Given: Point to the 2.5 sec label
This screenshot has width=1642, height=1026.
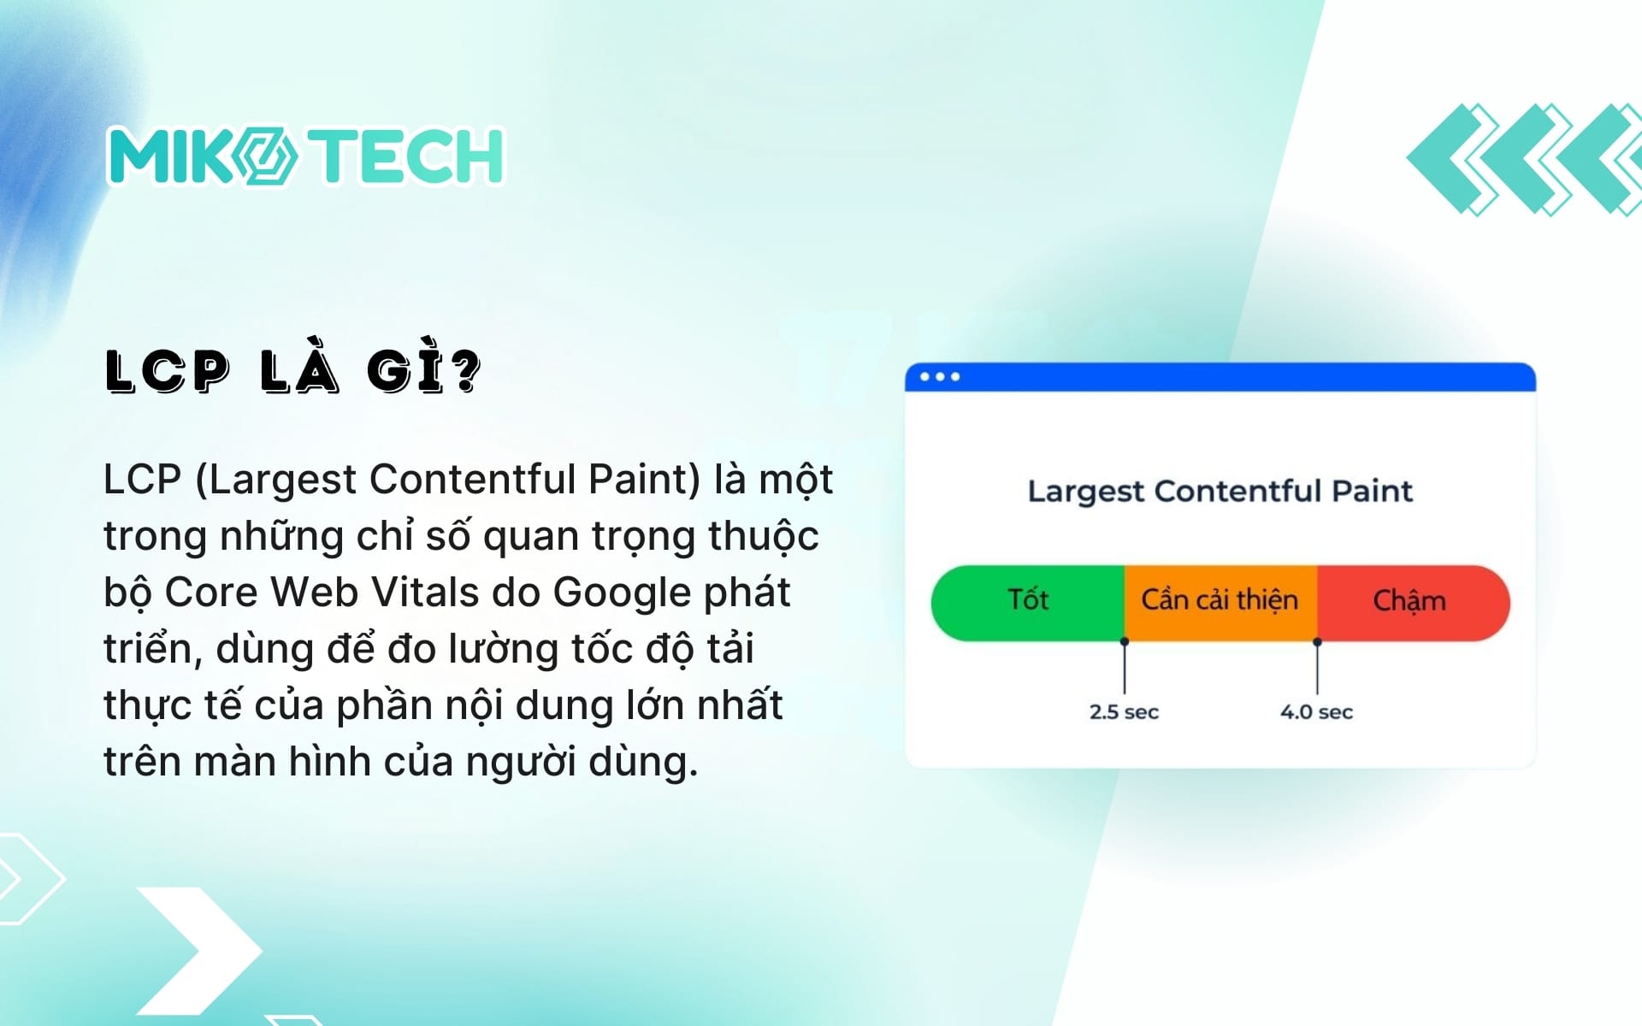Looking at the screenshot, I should coord(1124,711).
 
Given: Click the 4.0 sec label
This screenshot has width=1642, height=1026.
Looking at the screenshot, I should coord(1316,711).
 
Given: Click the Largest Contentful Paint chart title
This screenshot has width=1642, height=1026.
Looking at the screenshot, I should coord(1220,492).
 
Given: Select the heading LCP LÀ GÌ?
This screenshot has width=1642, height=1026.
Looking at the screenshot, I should coord(293,372).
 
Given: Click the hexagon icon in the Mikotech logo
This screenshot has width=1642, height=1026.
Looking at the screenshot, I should coord(265,156).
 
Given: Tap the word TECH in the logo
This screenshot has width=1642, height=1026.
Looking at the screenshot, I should coord(407,156).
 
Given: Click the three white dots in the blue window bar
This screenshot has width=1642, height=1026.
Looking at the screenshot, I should coord(940,377).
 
